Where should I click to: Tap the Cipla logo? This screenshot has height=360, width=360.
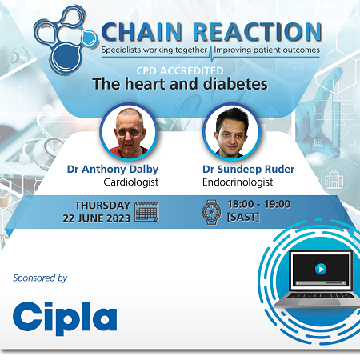(x=65, y=316)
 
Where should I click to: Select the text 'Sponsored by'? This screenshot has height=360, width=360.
(x=40, y=278)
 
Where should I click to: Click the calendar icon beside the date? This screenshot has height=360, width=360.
(x=146, y=211)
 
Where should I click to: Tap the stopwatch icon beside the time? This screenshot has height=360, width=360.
(x=210, y=211)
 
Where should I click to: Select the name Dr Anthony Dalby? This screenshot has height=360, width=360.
(x=112, y=169)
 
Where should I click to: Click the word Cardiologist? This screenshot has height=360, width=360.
(x=112, y=182)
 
